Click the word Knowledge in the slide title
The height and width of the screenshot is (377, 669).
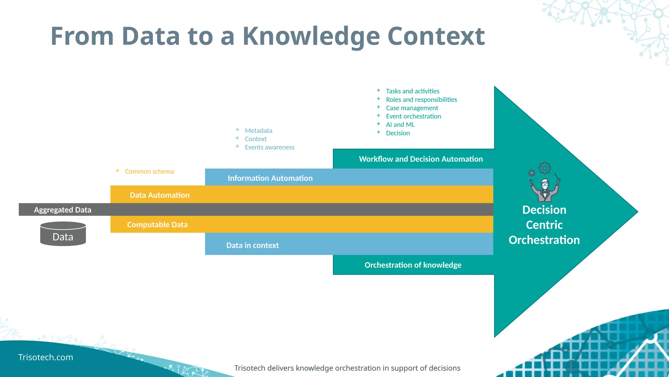pyautogui.click(x=311, y=37)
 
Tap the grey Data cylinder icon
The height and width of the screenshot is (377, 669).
pyautogui.click(x=63, y=234)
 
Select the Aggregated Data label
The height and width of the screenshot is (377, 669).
pyautogui.click(x=62, y=210)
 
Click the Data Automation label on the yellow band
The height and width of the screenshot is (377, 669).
pyautogui.click(x=159, y=195)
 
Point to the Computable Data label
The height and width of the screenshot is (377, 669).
pyautogui.click(x=157, y=225)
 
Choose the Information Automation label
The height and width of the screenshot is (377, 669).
pyautogui.click(x=270, y=178)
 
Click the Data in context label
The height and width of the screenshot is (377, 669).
pyautogui.click(x=252, y=245)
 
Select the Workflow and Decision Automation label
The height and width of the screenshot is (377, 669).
pyautogui.click(x=420, y=159)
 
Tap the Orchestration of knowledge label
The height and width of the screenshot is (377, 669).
pyautogui.click(x=413, y=265)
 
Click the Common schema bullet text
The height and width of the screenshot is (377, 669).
pyautogui.click(x=149, y=171)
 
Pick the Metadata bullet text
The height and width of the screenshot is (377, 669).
pyautogui.click(x=258, y=131)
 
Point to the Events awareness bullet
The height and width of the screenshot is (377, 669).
pyautogui.click(x=269, y=147)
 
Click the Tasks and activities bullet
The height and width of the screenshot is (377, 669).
pyautogui.click(x=412, y=91)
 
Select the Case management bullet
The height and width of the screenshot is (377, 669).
pyautogui.click(x=412, y=108)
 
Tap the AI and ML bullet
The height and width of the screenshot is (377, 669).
pyautogui.click(x=400, y=125)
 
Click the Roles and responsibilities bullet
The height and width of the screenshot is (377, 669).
pyautogui.click(x=421, y=99)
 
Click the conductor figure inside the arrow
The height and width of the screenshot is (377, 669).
pyautogui.click(x=545, y=190)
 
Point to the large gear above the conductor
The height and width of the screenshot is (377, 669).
pyautogui.click(x=545, y=168)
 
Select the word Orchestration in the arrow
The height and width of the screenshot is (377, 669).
pyautogui.click(x=544, y=240)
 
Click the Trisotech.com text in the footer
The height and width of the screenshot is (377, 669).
pyautogui.click(x=46, y=357)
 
